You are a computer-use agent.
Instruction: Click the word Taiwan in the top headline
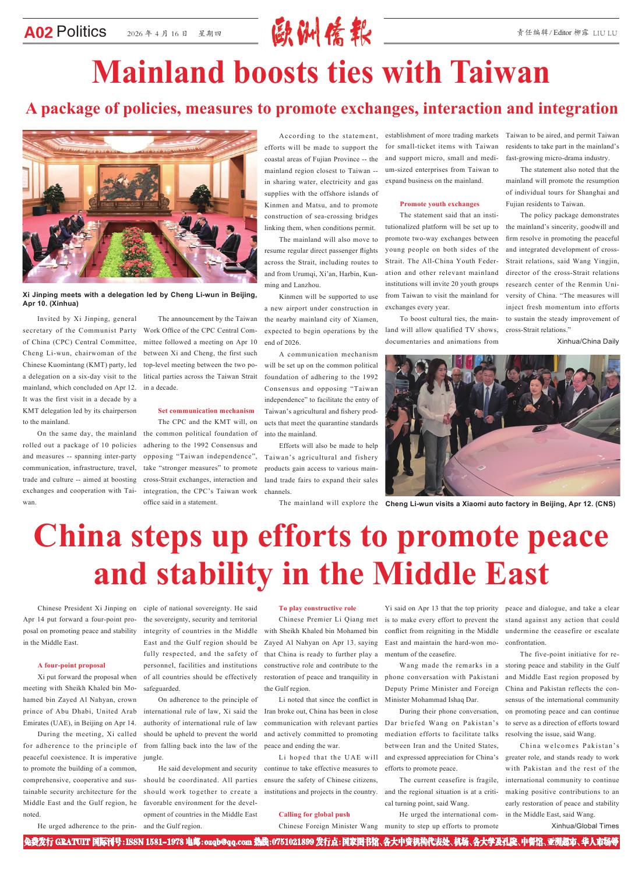500,73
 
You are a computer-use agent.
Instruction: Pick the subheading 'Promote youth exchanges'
439,204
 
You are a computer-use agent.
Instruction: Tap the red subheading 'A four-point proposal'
71,665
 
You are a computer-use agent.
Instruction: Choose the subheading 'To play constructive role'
317,608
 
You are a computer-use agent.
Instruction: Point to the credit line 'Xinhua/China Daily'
588,341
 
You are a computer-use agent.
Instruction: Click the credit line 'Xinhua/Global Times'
585,826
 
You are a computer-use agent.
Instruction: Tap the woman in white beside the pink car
443,419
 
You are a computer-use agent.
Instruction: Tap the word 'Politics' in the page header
82,32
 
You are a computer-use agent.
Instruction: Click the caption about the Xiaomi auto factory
500,504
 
